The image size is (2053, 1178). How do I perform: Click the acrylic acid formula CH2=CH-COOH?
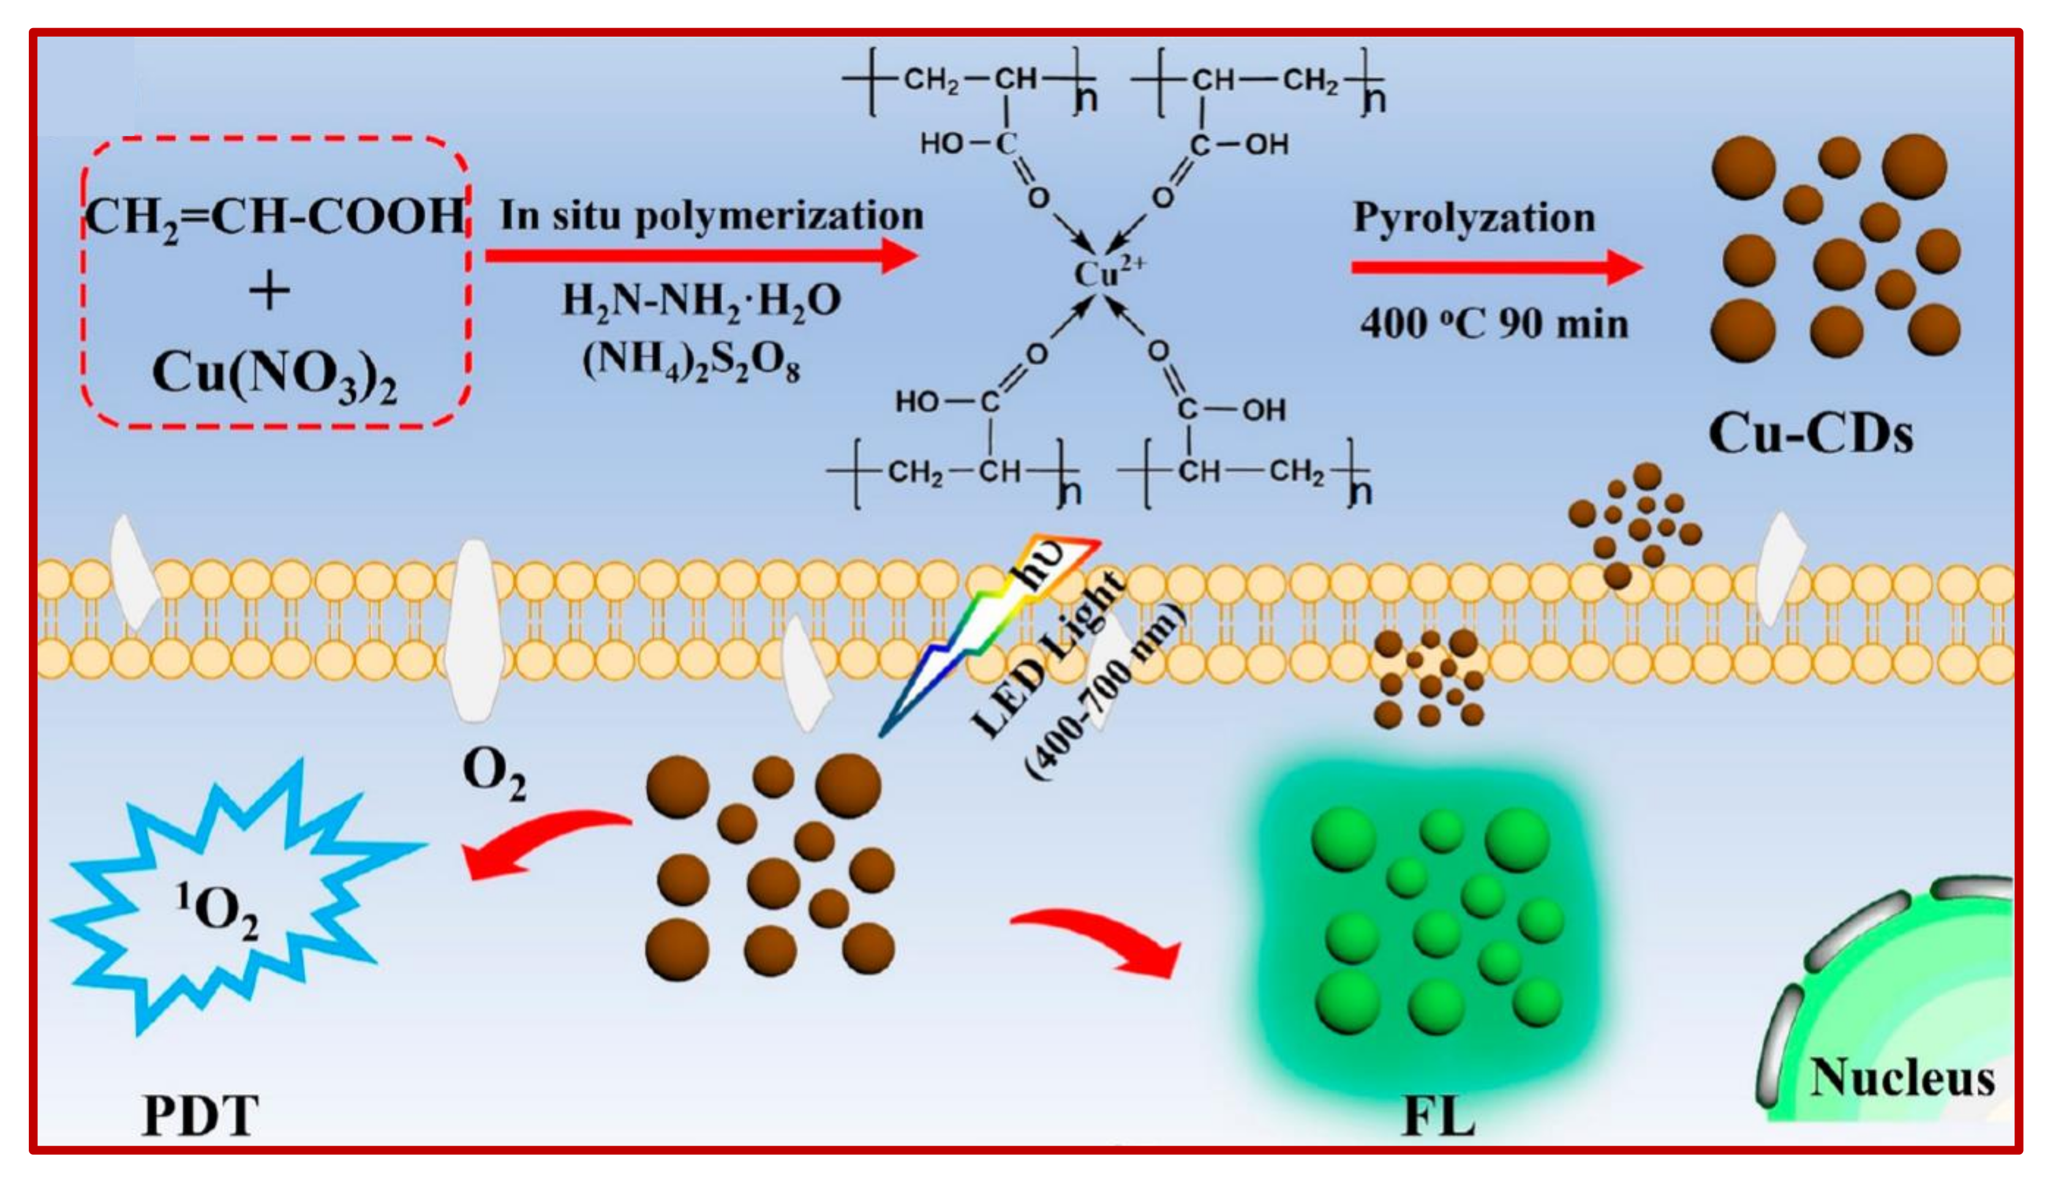pyautogui.click(x=275, y=217)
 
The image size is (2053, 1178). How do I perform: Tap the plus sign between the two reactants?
pyautogui.click(x=269, y=291)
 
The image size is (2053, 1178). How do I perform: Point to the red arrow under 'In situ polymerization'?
pyautogui.click(x=701, y=256)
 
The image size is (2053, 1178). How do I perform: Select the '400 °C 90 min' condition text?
pyautogui.click(x=1494, y=325)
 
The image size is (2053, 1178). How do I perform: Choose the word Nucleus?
pyautogui.click(x=1902, y=1078)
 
